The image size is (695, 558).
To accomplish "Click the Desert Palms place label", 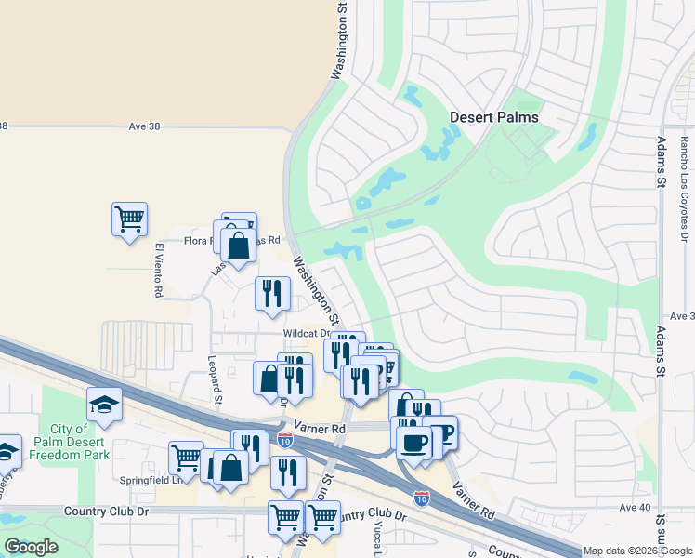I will tap(493, 117).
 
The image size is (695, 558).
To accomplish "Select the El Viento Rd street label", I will tap(159, 271).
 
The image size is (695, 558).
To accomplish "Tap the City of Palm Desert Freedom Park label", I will tap(69, 440).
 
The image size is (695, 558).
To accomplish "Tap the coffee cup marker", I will tap(413, 441).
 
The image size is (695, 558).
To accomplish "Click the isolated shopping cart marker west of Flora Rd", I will tap(129, 219).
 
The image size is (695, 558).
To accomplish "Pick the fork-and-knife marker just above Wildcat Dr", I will tap(272, 294).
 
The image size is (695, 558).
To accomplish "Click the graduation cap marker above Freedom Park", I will tap(104, 404).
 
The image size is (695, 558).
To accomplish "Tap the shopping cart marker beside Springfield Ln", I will tap(186, 458).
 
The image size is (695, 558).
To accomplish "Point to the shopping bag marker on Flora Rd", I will tap(238, 246).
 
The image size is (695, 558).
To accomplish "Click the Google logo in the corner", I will tap(31, 547).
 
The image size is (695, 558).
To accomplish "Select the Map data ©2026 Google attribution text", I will tap(637, 551).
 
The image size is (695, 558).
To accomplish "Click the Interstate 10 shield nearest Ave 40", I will tap(422, 498).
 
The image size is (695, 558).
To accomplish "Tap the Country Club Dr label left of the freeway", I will tap(107, 511).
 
